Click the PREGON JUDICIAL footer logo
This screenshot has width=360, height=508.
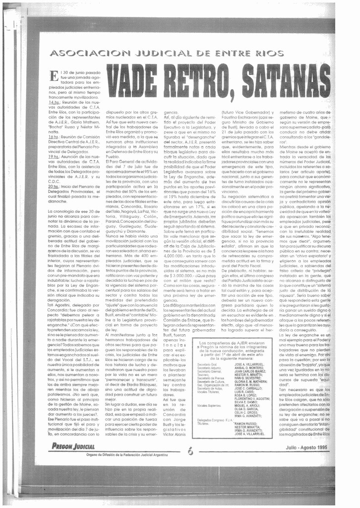click(73, 446)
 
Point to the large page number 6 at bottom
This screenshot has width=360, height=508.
click(191, 450)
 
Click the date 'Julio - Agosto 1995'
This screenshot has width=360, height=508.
click(306, 447)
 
